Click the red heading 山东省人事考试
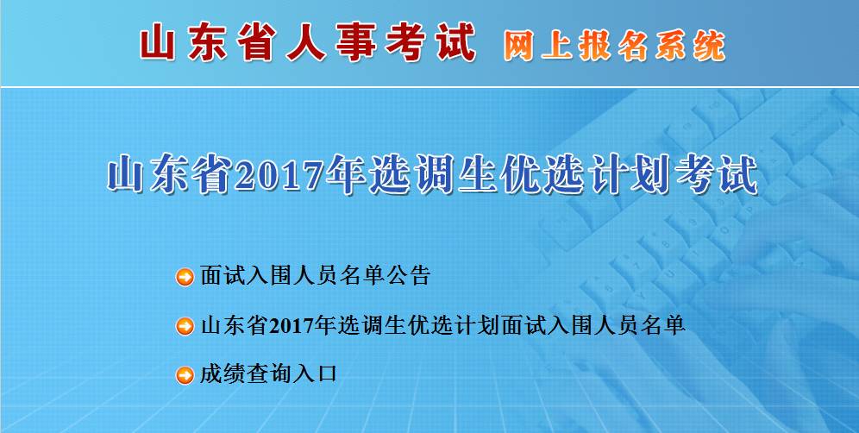click(x=309, y=43)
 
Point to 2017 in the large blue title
click(x=279, y=174)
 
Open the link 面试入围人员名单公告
click(x=315, y=276)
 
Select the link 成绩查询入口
click(x=268, y=374)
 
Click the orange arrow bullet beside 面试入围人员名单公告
click(x=185, y=277)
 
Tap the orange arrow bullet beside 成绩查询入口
click(x=185, y=375)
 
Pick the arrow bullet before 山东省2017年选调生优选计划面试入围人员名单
click(x=185, y=326)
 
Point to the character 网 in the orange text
click(x=518, y=46)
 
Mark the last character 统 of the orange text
click(x=710, y=46)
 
